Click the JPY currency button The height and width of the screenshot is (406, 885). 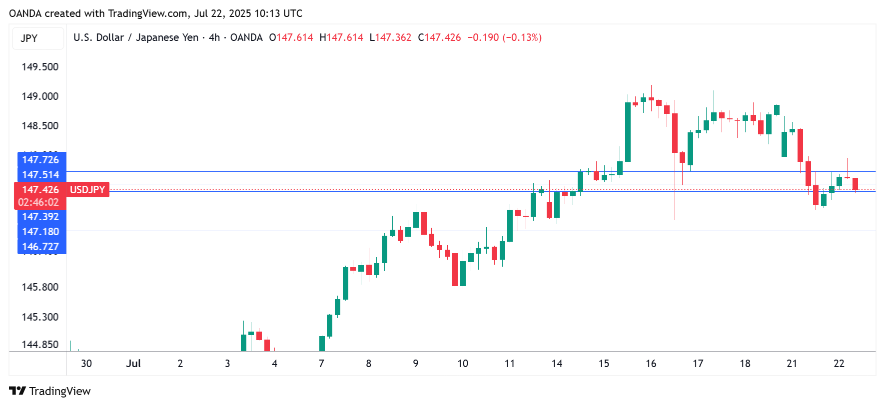point(29,38)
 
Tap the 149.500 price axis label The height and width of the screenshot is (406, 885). point(40,67)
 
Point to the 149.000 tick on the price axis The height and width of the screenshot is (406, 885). point(40,96)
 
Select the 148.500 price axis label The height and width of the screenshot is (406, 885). point(40,126)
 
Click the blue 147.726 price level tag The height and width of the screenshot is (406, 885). point(41,160)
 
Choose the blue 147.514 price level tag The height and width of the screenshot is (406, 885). point(41,175)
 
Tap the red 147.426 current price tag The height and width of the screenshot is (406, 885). point(40,190)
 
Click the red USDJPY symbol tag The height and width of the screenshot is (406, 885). point(87,190)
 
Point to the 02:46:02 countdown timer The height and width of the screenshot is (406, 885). point(38,202)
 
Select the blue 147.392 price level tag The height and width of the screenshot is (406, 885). point(41,217)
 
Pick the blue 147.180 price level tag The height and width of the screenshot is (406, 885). point(41,232)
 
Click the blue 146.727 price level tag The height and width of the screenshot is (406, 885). point(41,247)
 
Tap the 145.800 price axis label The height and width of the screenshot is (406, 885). point(40,287)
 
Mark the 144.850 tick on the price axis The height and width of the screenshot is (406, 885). point(40,345)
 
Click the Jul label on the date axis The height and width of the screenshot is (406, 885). point(133,364)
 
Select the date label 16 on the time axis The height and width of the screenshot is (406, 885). point(651,364)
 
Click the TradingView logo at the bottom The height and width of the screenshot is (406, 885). point(50,391)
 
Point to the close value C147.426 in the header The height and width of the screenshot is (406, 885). point(439,37)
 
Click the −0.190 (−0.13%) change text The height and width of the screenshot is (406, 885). point(504,37)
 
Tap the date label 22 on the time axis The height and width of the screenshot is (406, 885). point(839,364)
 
